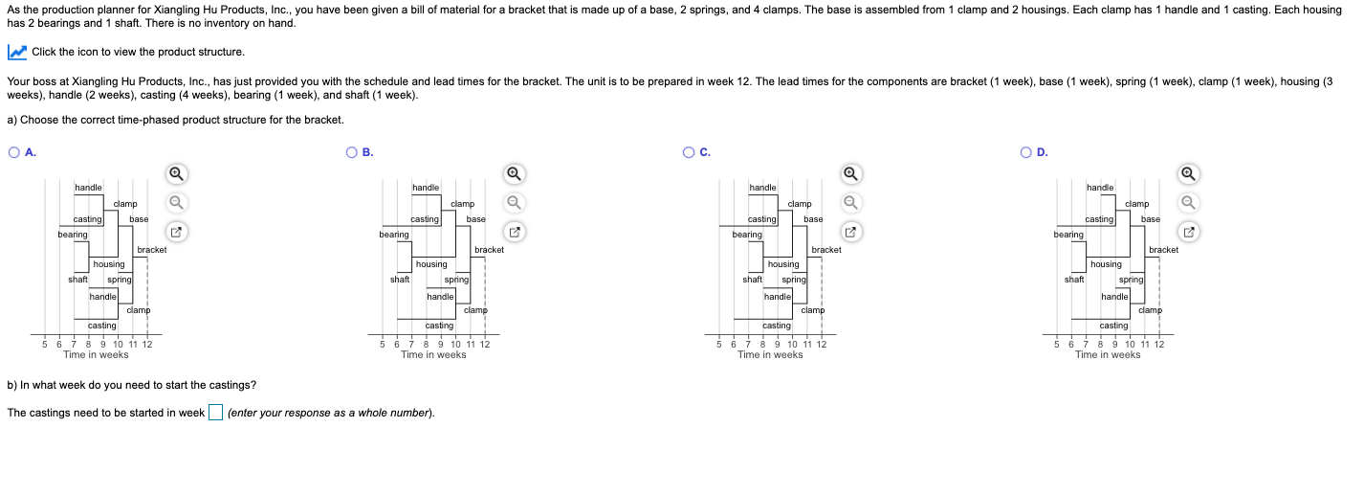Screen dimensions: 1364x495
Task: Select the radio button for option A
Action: tap(14, 152)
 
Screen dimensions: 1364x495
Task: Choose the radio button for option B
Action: tap(351, 152)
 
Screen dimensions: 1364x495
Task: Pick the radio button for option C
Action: tap(689, 152)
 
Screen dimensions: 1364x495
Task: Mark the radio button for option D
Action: tap(1026, 152)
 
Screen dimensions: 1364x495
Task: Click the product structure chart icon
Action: tap(17, 53)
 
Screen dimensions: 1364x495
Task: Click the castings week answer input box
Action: tap(215, 413)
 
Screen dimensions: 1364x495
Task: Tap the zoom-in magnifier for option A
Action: tap(176, 174)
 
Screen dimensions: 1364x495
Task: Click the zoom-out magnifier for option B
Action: tap(514, 202)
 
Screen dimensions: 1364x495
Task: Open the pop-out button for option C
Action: tap(850, 232)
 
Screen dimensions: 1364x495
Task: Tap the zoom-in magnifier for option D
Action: tap(1188, 174)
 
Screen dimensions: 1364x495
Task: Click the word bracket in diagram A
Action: tap(152, 250)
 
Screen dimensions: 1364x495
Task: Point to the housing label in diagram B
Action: tap(431, 264)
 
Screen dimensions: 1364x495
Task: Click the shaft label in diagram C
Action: tap(752, 280)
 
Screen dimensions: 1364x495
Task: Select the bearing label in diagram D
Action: tap(1068, 235)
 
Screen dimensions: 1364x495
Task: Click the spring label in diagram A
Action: tap(120, 280)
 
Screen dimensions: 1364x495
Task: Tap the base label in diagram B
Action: tap(476, 219)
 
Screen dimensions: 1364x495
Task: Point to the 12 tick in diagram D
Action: tap(1158, 345)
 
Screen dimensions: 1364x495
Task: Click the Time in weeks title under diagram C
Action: tap(770, 355)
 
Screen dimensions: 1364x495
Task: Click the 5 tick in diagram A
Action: tap(44, 345)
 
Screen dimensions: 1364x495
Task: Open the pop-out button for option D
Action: tap(1188, 232)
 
